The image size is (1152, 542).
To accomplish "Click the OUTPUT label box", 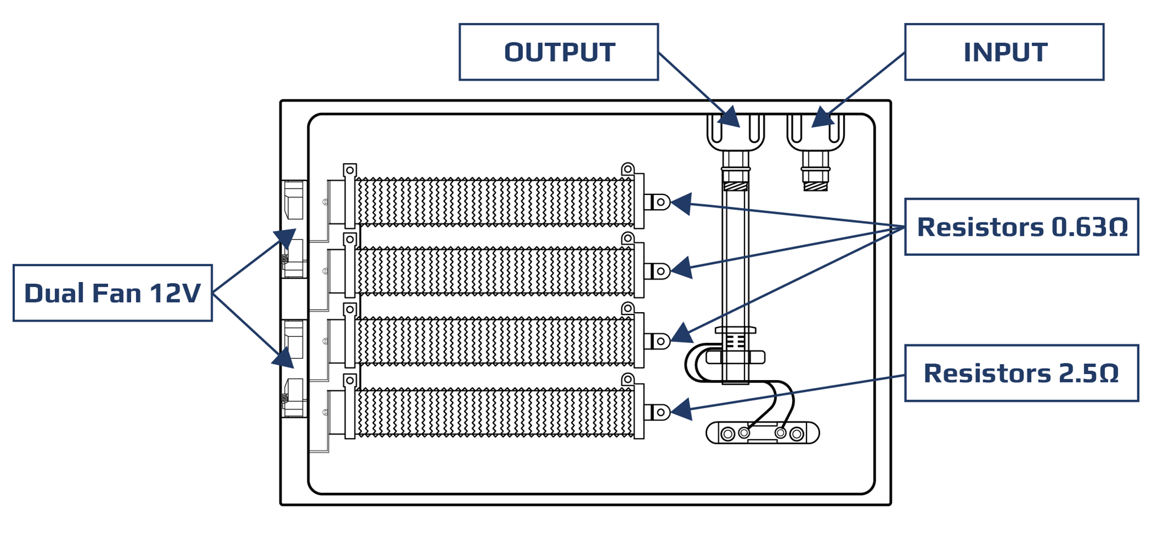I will [x=558, y=52].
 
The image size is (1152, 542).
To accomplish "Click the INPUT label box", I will [x=1004, y=52].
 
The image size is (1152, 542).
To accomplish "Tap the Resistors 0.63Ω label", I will [x=1021, y=227].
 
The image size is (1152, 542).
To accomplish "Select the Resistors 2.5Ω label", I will [x=1021, y=373].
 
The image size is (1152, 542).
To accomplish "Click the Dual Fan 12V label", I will [x=112, y=293].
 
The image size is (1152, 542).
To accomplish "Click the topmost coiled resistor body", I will [x=495, y=202].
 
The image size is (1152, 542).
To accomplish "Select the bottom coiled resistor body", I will [x=495, y=412].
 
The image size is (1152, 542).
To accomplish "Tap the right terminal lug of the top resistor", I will [x=658, y=202].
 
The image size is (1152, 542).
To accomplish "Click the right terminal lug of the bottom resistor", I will [x=658, y=412].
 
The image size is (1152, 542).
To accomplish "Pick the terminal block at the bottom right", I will [x=762, y=433].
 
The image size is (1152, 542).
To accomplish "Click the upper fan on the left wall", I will [x=294, y=229].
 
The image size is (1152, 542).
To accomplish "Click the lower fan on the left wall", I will [x=294, y=368].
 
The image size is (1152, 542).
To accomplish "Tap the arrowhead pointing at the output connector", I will [x=731, y=118].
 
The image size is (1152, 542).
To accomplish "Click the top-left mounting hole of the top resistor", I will [x=350, y=170].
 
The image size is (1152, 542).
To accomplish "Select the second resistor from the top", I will [x=495, y=271].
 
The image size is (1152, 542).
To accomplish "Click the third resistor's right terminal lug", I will [x=658, y=341].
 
